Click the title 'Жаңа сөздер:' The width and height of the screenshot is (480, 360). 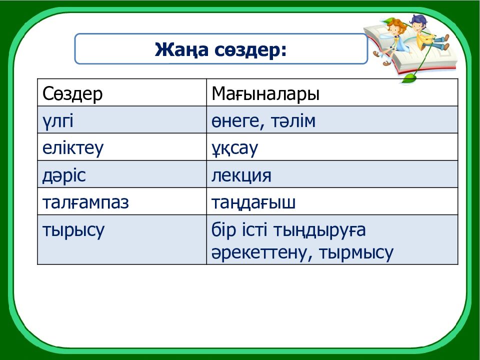[220, 49]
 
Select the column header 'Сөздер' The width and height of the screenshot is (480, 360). [73, 93]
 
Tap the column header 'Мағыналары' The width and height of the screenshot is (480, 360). [265, 93]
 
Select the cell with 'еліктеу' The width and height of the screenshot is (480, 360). [73, 148]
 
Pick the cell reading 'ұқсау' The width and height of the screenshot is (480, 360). [234, 148]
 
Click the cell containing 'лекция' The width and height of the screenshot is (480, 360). [241, 175]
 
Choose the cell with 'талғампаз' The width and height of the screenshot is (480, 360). [86, 202]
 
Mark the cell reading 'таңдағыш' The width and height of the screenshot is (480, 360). [253, 202]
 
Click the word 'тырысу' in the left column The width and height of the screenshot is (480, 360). [73, 230]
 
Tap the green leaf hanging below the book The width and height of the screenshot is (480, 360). [410, 78]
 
